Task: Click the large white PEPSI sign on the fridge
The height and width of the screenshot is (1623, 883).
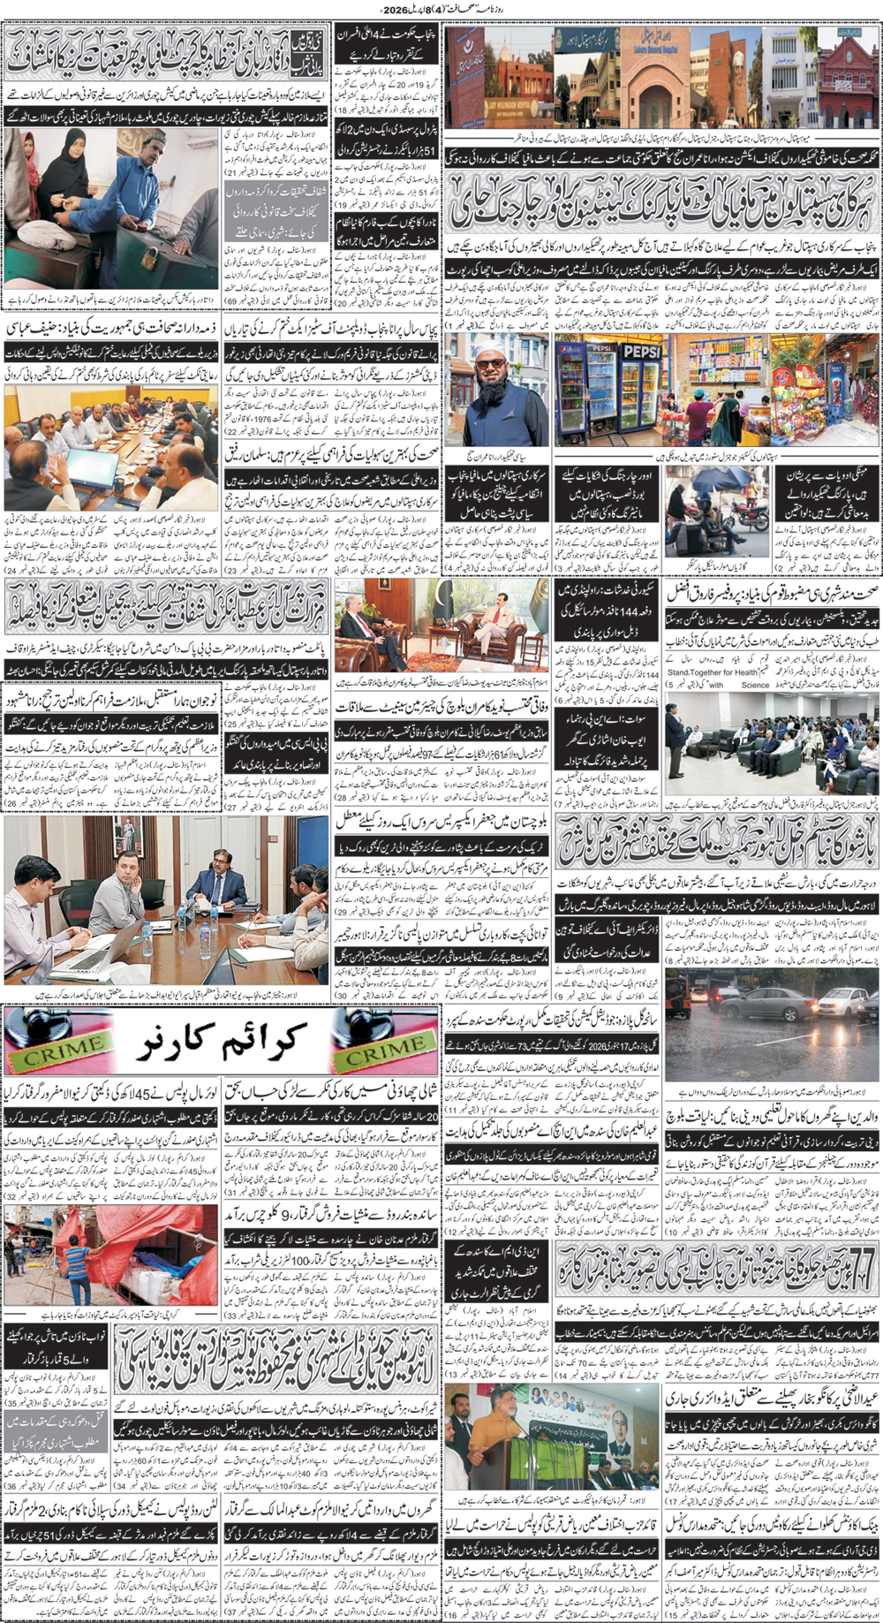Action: coord(642,351)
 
